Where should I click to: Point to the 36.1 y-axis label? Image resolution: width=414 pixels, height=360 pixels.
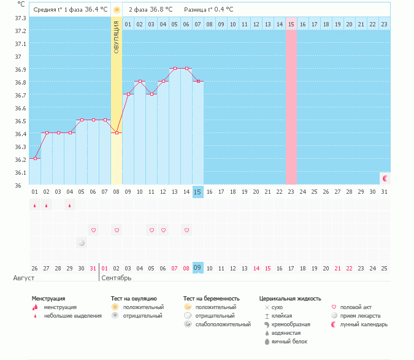point(20,172)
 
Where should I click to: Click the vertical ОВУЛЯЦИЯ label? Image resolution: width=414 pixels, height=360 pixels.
point(117,37)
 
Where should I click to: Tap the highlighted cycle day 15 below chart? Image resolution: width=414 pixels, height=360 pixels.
point(197,192)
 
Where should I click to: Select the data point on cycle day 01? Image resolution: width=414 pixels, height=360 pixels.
point(35,159)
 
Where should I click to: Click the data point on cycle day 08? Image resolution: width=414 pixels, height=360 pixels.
point(117,133)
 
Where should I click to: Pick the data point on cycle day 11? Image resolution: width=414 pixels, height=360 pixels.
point(151,94)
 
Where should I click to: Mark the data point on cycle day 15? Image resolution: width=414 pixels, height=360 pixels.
point(197,82)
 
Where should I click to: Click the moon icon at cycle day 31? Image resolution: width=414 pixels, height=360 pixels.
point(385,178)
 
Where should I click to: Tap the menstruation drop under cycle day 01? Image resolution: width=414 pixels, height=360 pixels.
point(35,205)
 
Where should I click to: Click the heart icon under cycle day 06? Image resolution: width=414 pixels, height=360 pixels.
point(93,230)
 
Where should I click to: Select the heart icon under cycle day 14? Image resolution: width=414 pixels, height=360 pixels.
point(186,230)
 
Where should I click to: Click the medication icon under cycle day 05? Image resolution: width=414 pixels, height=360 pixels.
point(82,243)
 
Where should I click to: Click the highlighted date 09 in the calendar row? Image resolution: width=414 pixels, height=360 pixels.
point(197,268)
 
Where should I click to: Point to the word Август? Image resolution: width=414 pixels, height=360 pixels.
point(24,278)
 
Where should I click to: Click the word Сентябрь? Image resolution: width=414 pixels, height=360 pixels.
point(116,278)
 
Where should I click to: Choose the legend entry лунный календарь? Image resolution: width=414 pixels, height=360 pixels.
point(364,324)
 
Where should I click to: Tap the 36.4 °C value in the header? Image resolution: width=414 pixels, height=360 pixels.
point(96,10)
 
